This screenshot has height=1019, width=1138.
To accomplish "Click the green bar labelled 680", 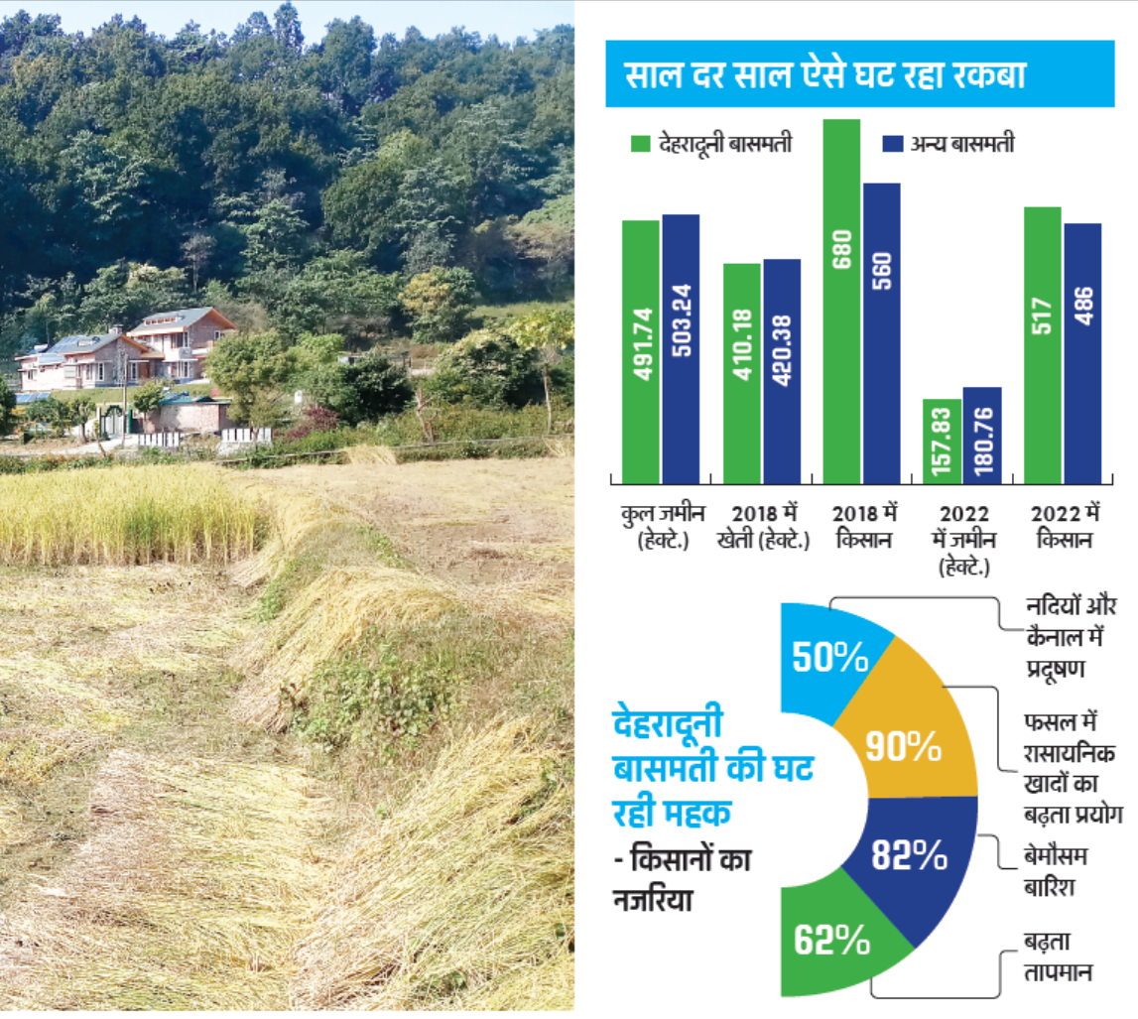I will [x=841, y=298].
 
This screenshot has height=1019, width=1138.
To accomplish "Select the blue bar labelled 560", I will [x=881, y=332].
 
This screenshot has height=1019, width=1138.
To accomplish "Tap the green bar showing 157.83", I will [x=942, y=442].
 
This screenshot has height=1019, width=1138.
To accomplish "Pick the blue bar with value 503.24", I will [x=681, y=347].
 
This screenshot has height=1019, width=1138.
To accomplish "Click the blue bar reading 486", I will [x=1082, y=352].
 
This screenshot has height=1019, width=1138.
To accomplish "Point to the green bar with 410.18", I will [x=741, y=372].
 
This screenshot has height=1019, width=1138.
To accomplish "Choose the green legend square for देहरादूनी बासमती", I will [x=640, y=145].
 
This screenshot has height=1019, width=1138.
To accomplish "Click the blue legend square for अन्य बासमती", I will [x=892, y=145].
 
